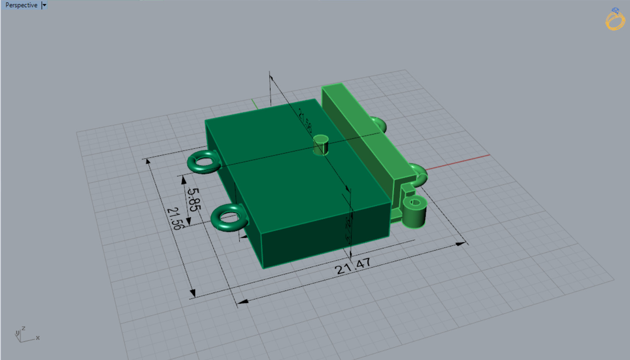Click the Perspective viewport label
coord(21,5)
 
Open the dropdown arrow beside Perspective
coord(44,5)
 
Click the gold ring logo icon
coord(615,20)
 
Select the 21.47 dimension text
coord(353,266)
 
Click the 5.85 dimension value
coord(193,199)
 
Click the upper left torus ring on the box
coord(203,162)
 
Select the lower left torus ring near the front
coord(229,218)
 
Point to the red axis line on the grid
coord(458,162)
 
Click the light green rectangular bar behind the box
coord(365,127)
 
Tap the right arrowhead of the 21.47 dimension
coord(461,244)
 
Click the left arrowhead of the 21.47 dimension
coord(242,301)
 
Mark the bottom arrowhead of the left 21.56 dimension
coord(192,293)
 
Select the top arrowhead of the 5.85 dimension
coord(184,180)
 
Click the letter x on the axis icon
coord(38,338)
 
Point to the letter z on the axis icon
coord(23,328)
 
